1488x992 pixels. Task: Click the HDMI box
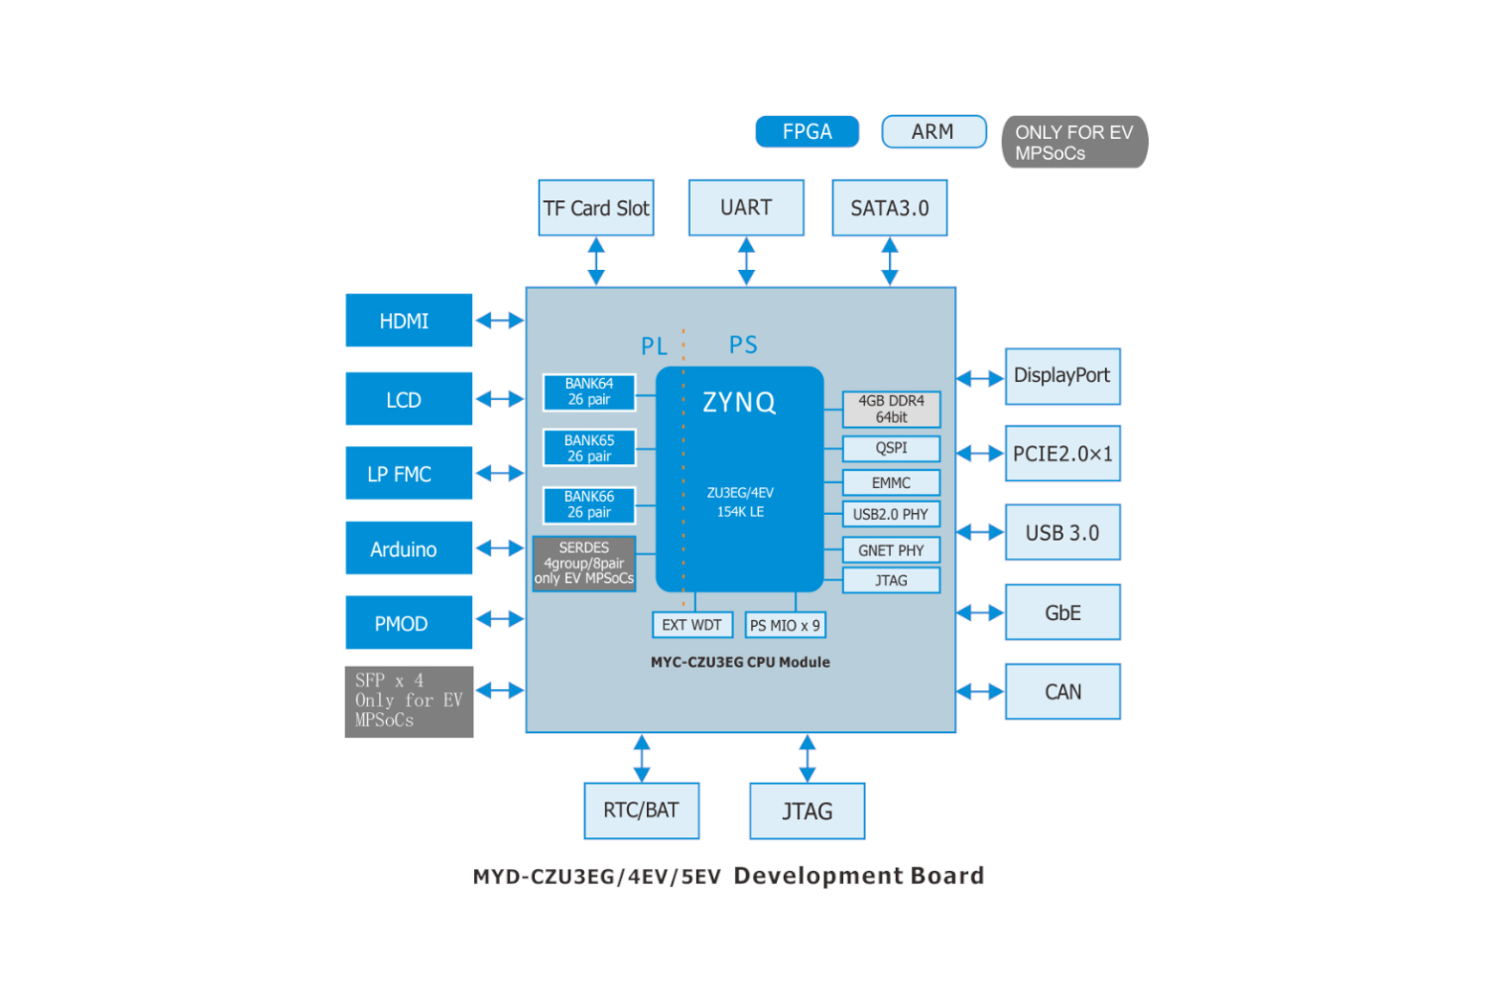click(409, 320)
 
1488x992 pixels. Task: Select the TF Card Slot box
click(595, 208)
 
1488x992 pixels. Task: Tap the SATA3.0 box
click(889, 208)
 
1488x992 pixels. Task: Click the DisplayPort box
click(1062, 376)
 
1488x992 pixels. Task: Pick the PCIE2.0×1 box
click(1062, 453)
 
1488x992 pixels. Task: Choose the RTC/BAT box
click(641, 810)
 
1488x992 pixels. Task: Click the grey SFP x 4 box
click(409, 701)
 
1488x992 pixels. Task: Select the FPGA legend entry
click(806, 132)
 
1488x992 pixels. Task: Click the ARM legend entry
click(933, 132)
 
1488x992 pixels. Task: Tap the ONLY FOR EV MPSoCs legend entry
click(1074, 143)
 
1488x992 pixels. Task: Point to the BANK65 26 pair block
click(589, 448)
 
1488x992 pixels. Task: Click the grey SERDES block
click(583, 563)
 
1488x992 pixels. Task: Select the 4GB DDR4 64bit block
click(891, 409)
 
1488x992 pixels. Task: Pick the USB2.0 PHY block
click(891, 515)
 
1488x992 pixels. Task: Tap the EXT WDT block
click(691, 625)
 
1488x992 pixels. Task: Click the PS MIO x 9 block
click(785, 626)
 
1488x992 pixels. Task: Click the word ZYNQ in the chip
click(739, 403)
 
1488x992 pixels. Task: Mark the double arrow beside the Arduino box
click(500, 549)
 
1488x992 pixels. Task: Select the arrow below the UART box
click(746, 262)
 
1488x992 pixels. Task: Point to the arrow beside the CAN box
click(980, 691)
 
